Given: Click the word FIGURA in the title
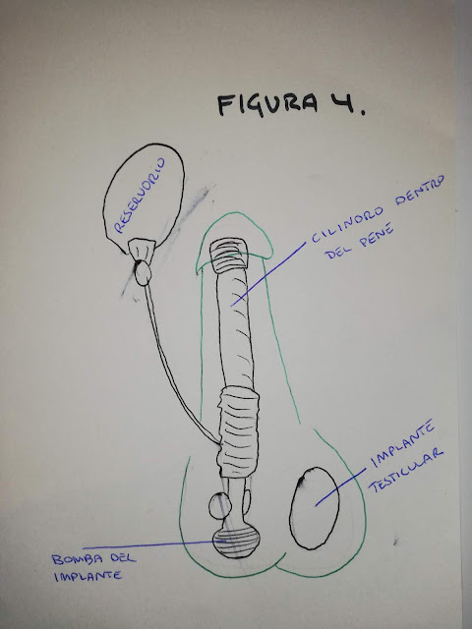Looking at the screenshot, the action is coord(267,104).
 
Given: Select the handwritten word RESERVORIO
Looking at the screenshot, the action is coord(140,196).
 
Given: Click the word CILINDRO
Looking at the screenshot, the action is coord(347,225).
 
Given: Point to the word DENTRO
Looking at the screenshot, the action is coord(420,190).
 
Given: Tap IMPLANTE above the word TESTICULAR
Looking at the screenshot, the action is coord(402,443).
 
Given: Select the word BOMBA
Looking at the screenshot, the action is coord(77,559).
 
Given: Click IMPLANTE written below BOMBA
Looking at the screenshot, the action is coord(88,577).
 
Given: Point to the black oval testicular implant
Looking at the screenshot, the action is coord(315,508).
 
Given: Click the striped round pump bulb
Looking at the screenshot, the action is coord(236,542).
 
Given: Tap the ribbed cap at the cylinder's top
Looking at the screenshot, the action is coord(228,256).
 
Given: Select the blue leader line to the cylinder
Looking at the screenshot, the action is coord(268,274).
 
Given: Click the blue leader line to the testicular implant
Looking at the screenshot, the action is coord(340,487).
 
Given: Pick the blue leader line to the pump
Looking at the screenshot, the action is coord(154,544).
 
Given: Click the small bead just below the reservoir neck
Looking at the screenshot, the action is coord(143,273).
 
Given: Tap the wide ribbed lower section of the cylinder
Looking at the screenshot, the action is coord(238,432).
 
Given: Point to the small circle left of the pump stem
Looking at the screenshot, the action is coord(219,506).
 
